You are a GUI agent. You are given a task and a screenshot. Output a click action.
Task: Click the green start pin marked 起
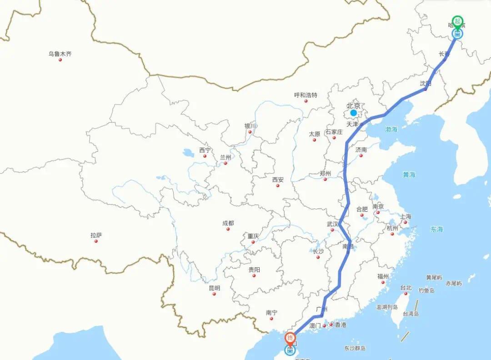457,21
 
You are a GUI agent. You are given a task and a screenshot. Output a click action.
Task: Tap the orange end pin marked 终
290,338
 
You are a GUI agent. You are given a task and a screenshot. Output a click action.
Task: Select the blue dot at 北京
353,113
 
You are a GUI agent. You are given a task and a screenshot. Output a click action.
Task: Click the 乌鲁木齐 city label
60,54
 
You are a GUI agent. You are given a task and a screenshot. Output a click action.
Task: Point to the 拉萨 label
96,235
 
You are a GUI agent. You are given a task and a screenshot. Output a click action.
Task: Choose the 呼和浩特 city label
306,95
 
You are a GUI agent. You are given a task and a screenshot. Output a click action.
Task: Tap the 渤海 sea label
391,130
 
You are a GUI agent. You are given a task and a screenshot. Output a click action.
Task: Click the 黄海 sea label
409,175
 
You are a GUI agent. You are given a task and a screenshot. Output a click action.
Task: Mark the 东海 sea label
436,230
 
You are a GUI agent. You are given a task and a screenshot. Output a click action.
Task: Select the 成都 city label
228,223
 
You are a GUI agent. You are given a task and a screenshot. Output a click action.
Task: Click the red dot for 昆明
214,294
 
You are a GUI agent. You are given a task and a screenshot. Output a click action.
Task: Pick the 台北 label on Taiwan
406,288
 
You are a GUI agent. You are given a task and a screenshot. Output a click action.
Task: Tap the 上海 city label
405,216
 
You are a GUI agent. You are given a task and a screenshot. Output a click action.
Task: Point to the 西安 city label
278,180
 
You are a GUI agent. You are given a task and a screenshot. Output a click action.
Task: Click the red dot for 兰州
225,163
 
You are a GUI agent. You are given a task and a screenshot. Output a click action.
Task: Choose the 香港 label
340,325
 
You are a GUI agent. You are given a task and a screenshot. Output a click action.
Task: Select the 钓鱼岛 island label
426,290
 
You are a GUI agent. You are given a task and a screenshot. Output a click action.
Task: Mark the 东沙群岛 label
355,349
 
